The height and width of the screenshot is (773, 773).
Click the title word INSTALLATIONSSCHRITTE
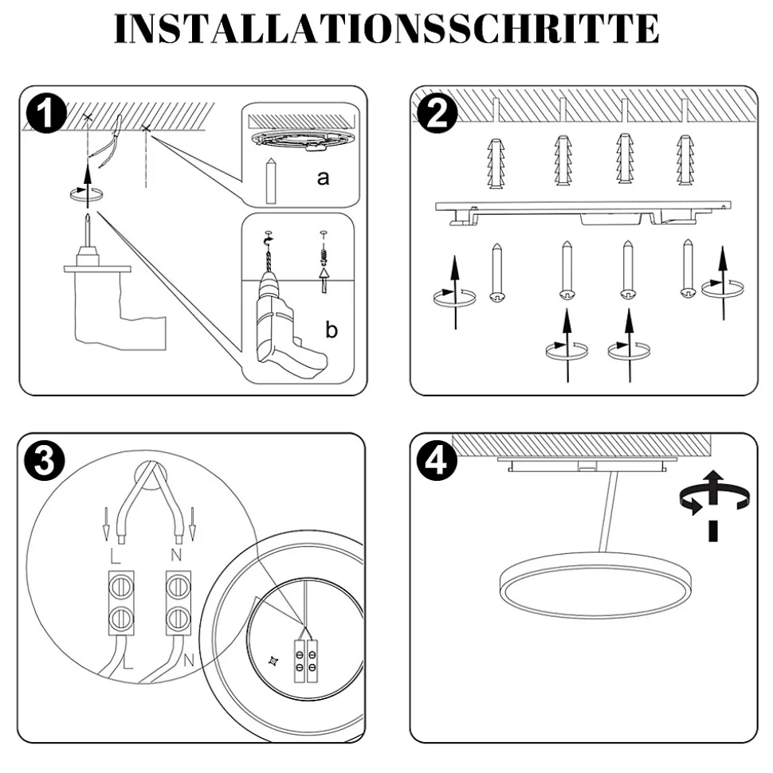386,29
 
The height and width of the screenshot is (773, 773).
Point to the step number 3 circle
47,461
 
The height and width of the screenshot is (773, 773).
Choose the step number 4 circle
436,461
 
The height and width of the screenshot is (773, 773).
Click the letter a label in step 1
323,178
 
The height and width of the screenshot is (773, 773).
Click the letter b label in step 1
332,330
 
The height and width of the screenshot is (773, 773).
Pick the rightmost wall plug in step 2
685,162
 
